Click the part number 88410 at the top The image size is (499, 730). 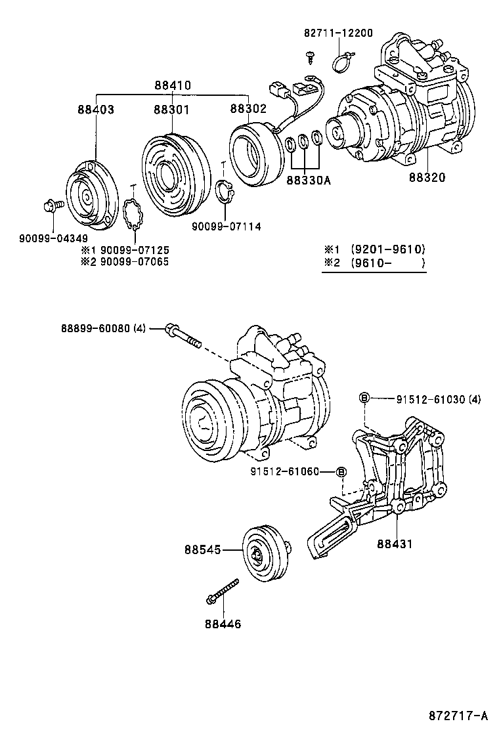coord(173,85)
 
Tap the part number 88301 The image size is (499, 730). coord(172,110)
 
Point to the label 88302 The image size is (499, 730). coord(248,110)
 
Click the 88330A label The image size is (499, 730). coord(307,178)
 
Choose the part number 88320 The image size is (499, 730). coord(427,178)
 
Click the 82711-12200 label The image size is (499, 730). coord(338,33)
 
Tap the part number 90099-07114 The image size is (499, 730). coord(227,226)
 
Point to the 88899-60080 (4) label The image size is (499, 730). coord(103,328)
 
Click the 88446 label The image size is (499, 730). coord(223,624)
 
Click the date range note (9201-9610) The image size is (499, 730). coord(387,249)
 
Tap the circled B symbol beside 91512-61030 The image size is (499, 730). coord(364,398)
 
